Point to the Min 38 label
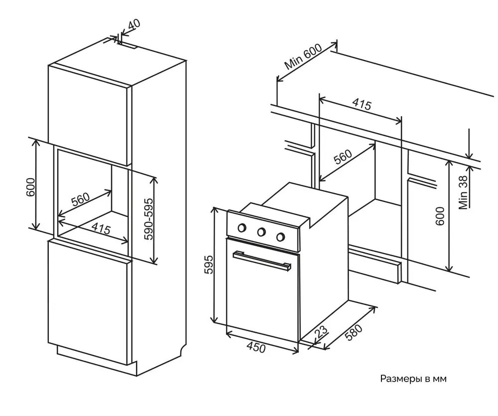click(x=464, y=193)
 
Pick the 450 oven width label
click(x=255, y=347)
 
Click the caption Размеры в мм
click(x=413, y=379)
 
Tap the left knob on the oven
click(x=243, y=228)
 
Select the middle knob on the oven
click(x=261, y=232)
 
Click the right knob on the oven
click(x=281, y=236)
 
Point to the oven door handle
click(x=261, y=260)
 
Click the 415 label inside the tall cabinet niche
click(x=101, y=230)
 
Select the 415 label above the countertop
click(x=362, y=105)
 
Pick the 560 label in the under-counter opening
click(x=343, y=157)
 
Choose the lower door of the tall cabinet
click(x=89, y=299)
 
